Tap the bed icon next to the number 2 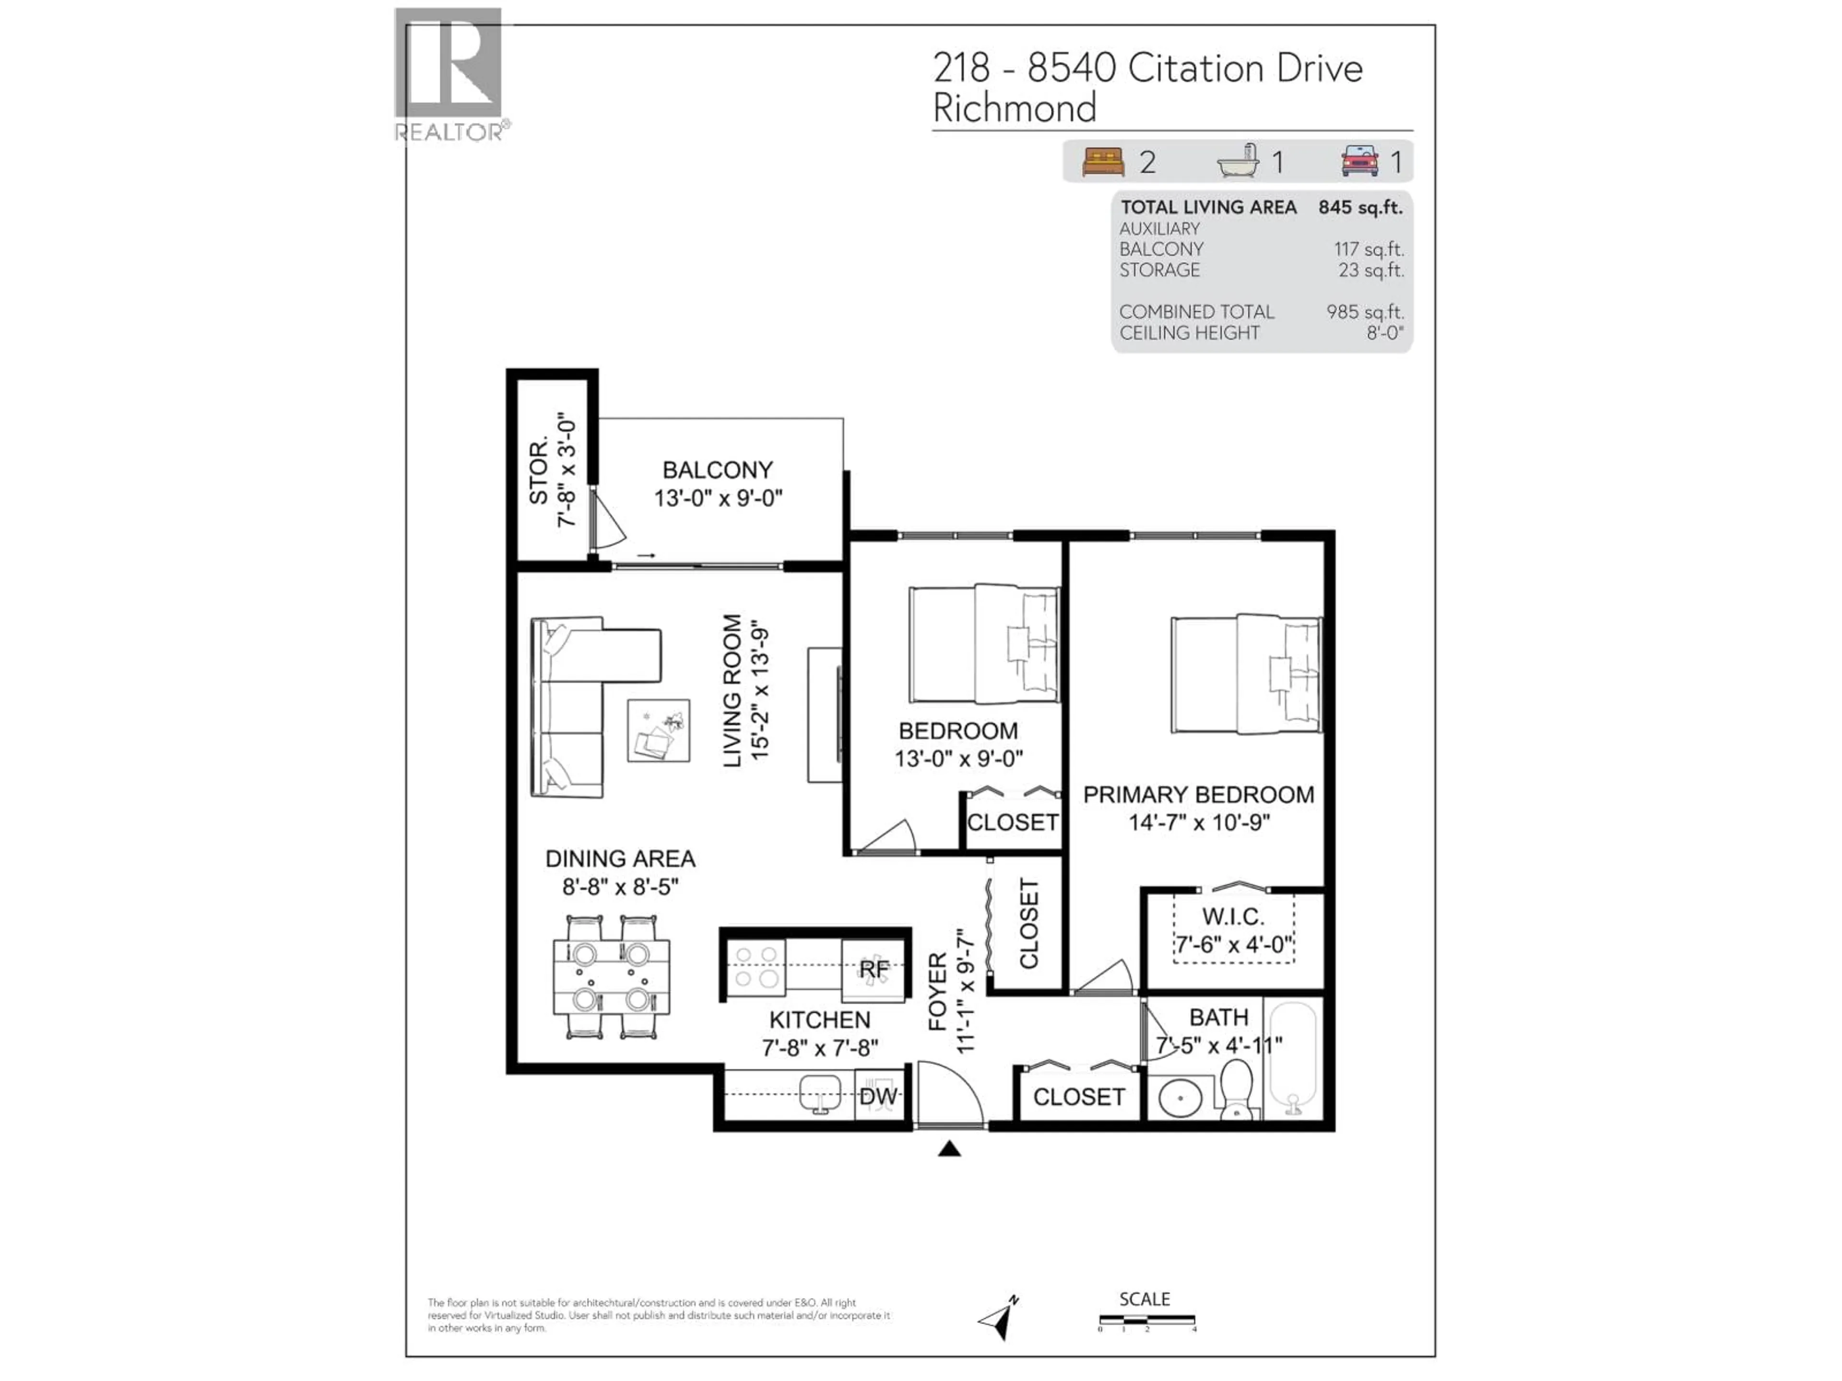[x=1102, y=162]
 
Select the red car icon [x=1359, y=162]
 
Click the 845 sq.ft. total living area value [x=1360, y=207]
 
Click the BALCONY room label [x=717, y=470]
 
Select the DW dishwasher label [x=878, y=1096]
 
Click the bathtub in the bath [x=1292, y=1058]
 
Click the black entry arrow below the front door [x=949, y=1149]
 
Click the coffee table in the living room [x=658, y=730]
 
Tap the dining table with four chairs [x=611, y=976]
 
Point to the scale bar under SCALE [x=1146, y=1320]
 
